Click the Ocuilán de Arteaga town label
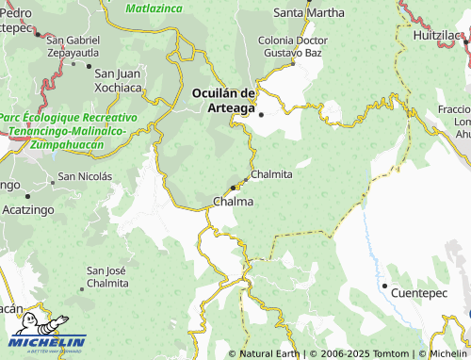223,99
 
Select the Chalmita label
272,174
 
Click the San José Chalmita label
107,276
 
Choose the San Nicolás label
85,175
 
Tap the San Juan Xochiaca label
118,80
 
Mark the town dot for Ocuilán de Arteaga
262,115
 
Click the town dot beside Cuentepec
384,286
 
